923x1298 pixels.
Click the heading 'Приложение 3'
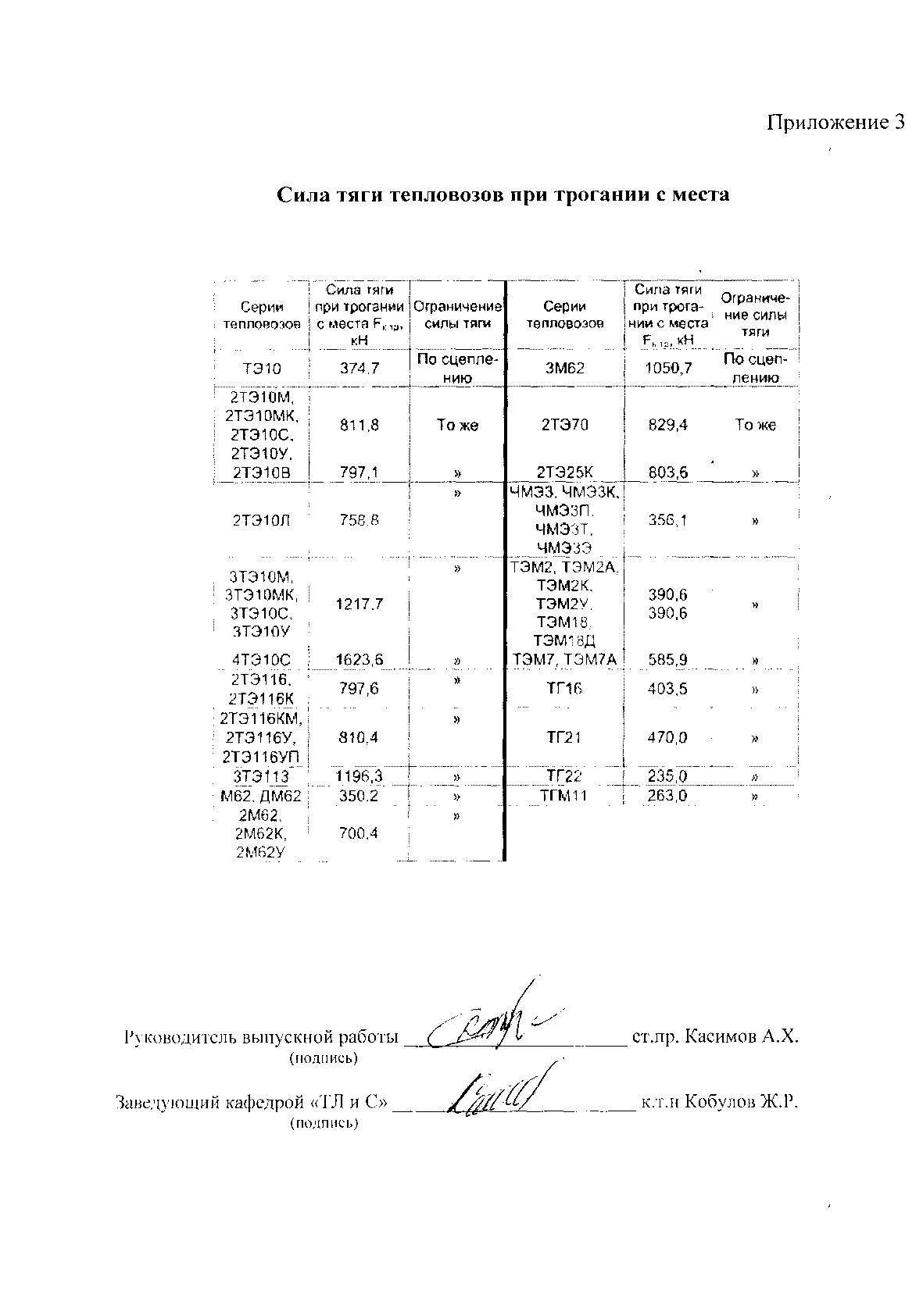(x=835, y=123)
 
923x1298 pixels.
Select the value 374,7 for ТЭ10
(x=360, y=369)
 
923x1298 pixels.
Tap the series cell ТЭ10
(x=261, y=369)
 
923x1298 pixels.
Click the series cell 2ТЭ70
(x=564, y=426)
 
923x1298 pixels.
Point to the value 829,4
(x=667, y=426)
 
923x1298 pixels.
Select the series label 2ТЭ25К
(x=564, y=472)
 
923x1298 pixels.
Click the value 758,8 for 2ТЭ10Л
(x=360, y=520)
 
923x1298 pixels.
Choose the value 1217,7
(x=360, y=604)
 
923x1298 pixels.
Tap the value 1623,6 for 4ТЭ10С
(x=360, y=661)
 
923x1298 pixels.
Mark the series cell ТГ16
(x=564, y=689)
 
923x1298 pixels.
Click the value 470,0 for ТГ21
(x=667, y=737)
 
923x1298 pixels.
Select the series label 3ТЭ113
(x=261, y=777)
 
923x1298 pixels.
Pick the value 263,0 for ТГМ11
(x=667, y=797)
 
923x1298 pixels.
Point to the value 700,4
(x=360, y=834)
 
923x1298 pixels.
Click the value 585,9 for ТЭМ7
(x=667, y=661)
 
